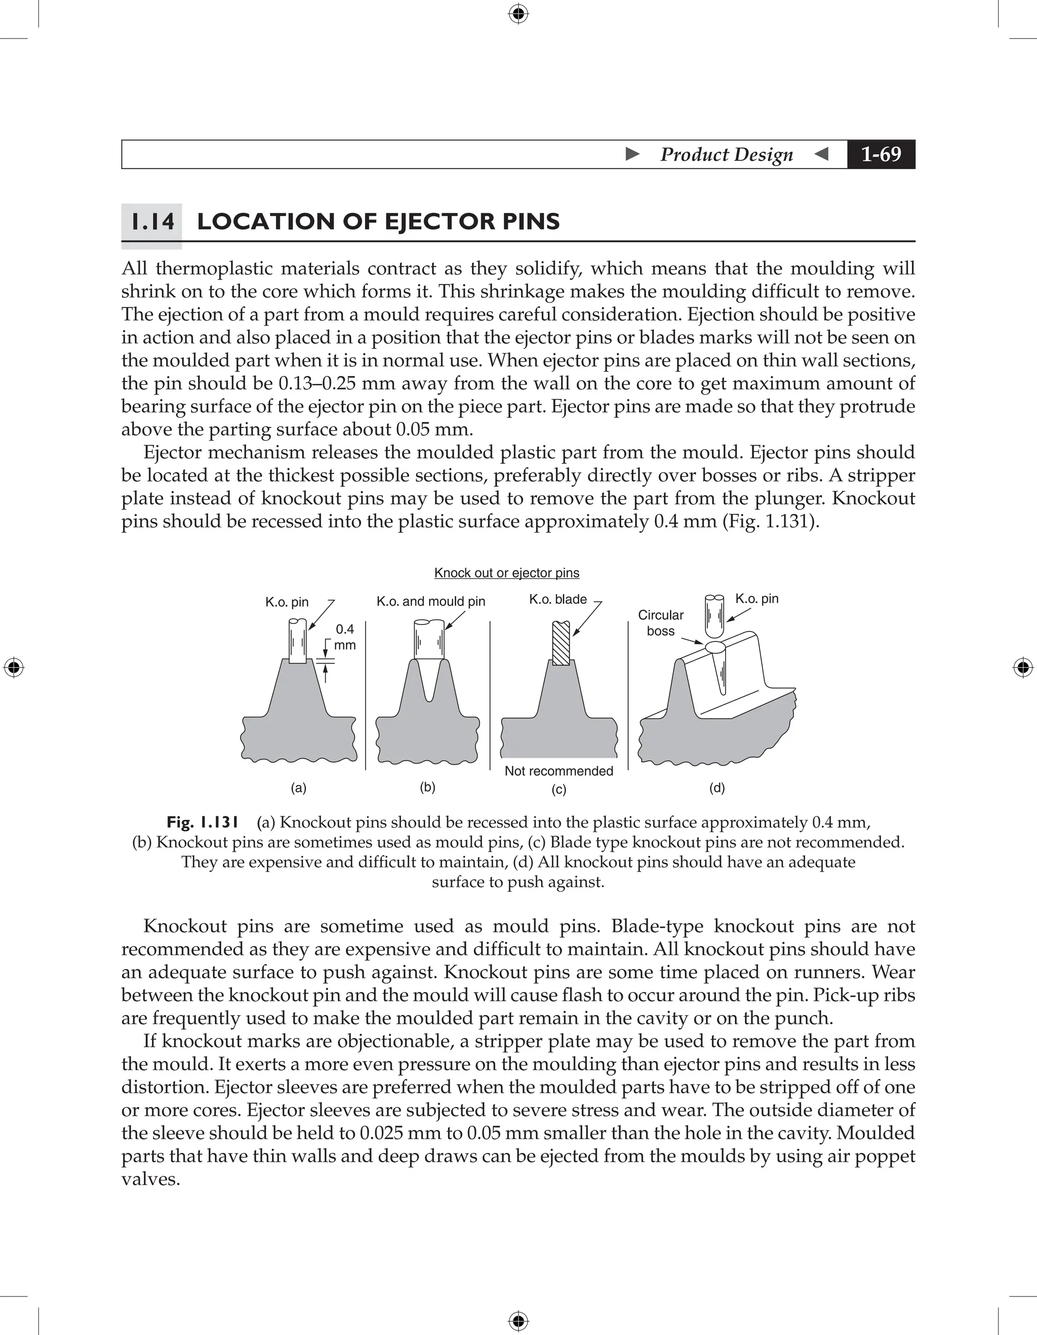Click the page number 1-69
pyautogui.click(x=881, y=154)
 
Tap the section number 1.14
pyautogui.click(x=152, y=221)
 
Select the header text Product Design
pyautogui.click(x=726, y=154)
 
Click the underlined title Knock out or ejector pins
pyautogui.click(x=506, y=573)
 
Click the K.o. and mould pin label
pyautogui.click(x=431, y=602)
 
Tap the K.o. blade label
pyautogui.click(x=557, y=599)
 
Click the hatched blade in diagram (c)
pyautogui.click(x=561, y=643)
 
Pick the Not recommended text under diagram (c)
pyautogui.click(x=559, y=771)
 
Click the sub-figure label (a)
pyautogui.click(x=298, y=788)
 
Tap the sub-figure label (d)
pyautogui.click(x=717, y=788)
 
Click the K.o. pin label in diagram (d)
pyautogui.click(x=756, y=599)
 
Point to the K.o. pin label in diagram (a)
pyautogui.click(x=287, y=602)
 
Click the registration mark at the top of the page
pyautogui.click(x=518, y=14)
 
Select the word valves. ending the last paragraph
pyautogui.click(x=150, y=1179)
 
